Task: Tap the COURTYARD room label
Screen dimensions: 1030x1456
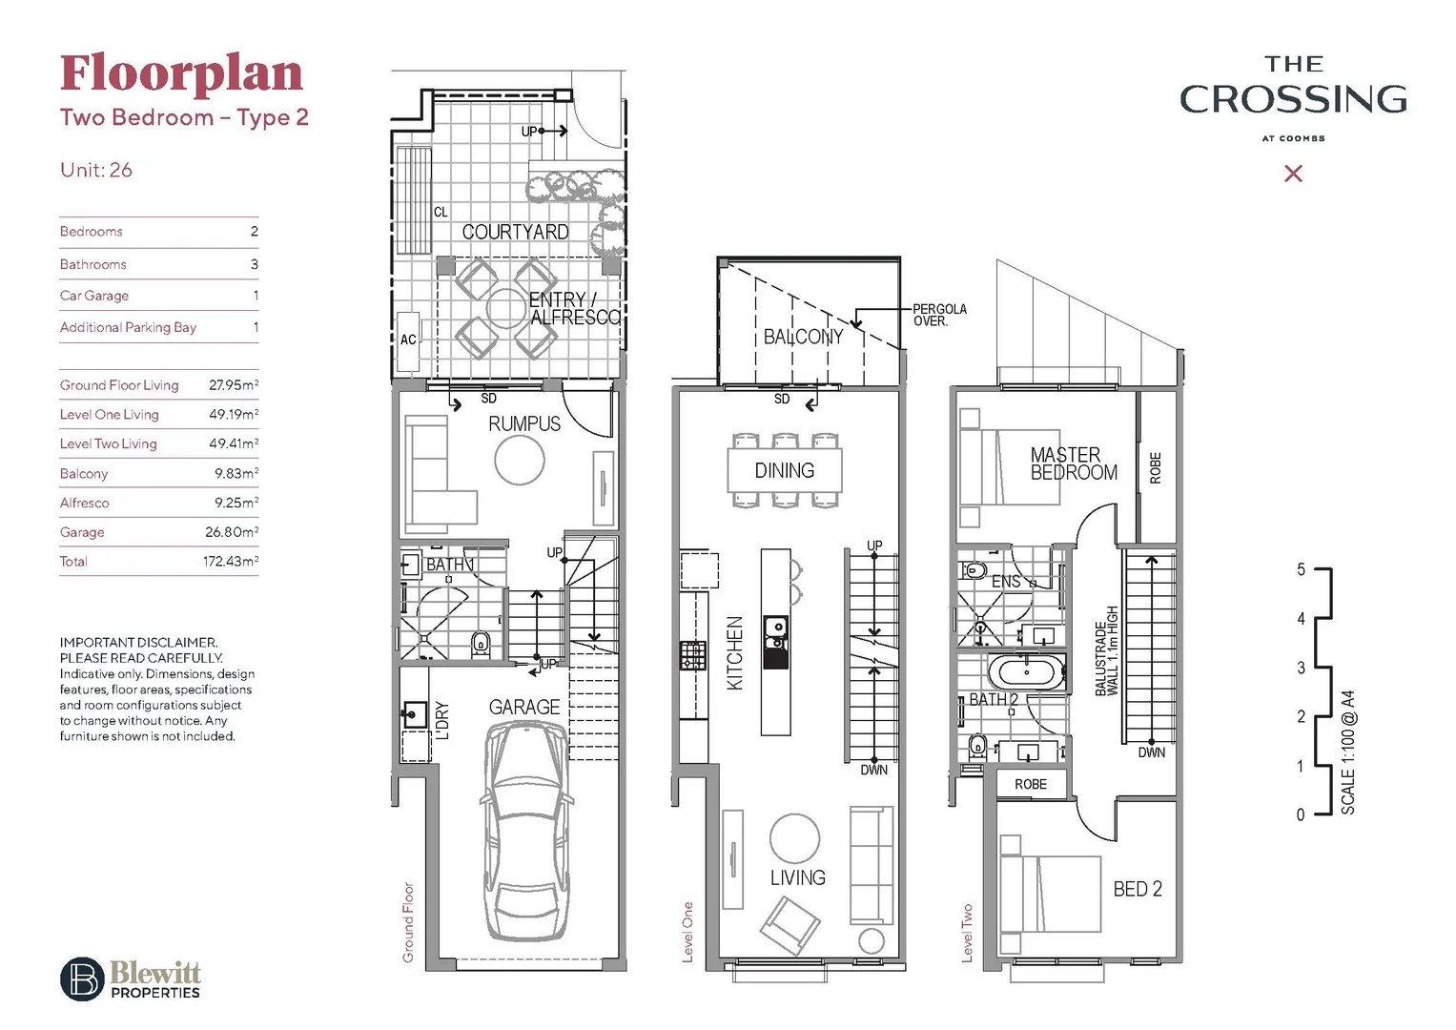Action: click(x=515, y=232)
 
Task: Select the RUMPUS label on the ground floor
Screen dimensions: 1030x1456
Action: click(x=524, y=423)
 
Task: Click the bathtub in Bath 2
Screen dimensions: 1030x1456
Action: click(x=1025, y=671)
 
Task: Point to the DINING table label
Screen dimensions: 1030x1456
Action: click(x=784, y=470)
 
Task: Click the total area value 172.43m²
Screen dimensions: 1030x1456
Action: click(x=230, y=562)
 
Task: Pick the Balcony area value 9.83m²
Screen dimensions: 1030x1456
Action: click(x=236, y=474)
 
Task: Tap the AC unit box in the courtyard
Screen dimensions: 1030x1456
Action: click(x=408, y=340)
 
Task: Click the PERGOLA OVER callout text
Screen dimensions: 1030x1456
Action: click(x=939, y=315)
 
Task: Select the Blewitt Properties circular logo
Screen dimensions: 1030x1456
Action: click(x=82, y=978)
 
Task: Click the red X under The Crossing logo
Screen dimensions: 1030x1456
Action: click(x=1293, y=174)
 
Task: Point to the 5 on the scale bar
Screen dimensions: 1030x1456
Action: click(x=1301, y=569)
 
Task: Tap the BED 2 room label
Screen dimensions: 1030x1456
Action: click(x=1138, y=889)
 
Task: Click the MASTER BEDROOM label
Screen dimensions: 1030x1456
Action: click(x=1072, y=463)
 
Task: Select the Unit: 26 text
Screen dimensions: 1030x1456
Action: click(x=96, y=170)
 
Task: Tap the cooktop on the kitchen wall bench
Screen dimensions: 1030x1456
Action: click(x=692, y=655)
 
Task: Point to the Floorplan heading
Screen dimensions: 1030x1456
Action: click(x=181, y=73)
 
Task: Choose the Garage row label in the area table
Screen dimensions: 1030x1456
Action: click(x=82, y=532)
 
